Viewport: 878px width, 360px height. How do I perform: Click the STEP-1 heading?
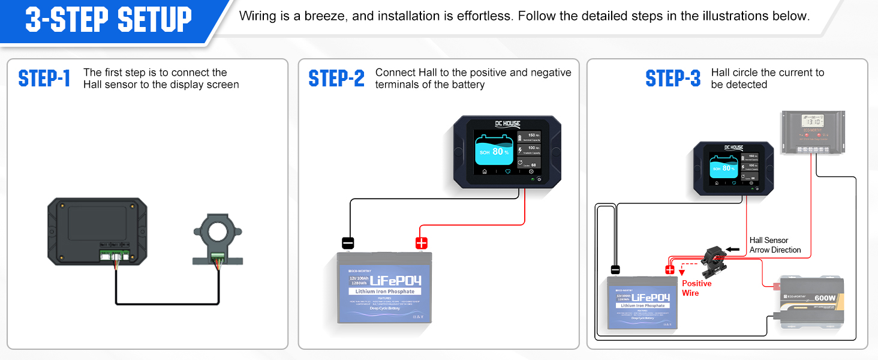(x=44, y=79)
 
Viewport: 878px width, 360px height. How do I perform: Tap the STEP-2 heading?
(x=336, y=79)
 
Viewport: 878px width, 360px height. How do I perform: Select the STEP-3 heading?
(x=673, y=79)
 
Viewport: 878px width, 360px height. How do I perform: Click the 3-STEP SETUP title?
(x=109, y=20)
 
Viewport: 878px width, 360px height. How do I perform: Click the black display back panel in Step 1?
(x=97, y=232)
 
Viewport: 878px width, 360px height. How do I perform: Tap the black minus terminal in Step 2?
(x=348, y=243)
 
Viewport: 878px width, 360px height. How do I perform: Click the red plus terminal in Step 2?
(x=422, y=243)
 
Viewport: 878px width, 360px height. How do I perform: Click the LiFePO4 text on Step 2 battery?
(x=395, y=281)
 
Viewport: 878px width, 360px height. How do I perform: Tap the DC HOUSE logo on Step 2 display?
(x=507, y=124)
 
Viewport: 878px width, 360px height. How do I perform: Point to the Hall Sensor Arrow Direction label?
(x=775, y=245)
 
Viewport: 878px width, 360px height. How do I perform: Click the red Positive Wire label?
(x=696, y=288)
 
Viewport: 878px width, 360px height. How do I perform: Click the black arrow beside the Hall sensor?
(x=733, y=248)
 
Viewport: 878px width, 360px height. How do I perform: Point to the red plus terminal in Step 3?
(x=670, y=269)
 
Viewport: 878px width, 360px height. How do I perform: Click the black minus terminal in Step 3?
(x=615, y=269)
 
